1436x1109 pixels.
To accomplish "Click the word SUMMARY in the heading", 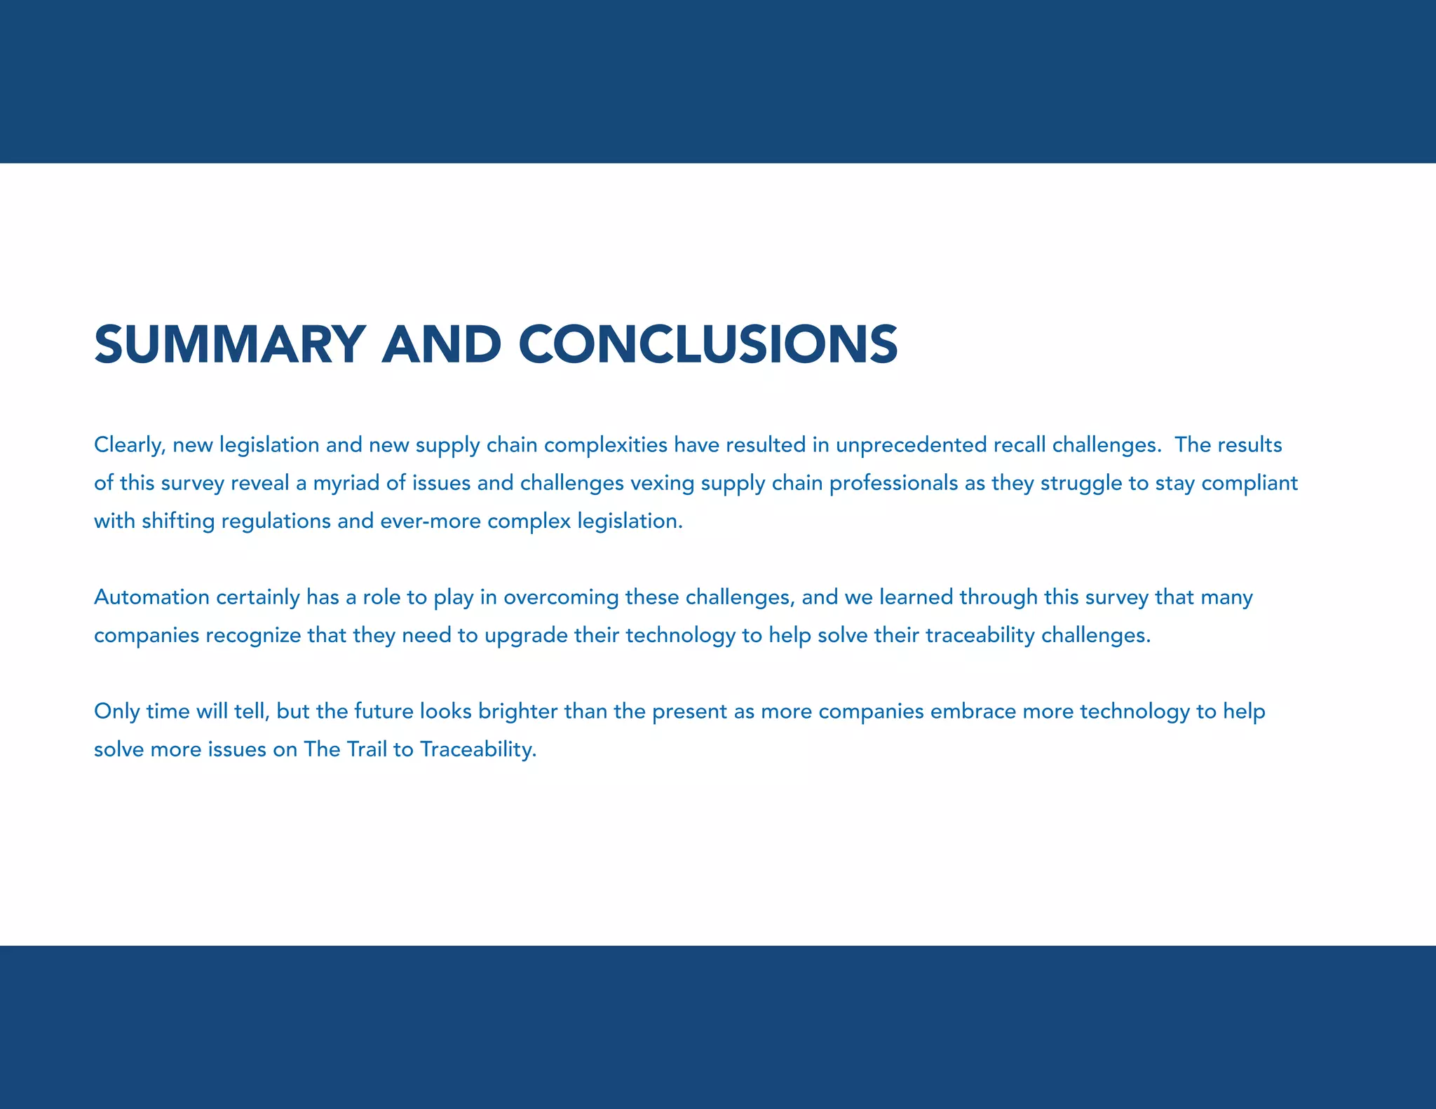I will [x=229, y=344].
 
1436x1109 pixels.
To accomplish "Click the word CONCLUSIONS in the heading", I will [x=708, y=344].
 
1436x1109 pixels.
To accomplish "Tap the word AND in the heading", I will [x=441, y=344].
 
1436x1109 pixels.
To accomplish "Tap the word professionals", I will [x=893, y=484].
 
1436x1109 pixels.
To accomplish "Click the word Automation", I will [x=151, y=597].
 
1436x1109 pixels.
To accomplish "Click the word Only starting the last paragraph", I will [x=116, y=712].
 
